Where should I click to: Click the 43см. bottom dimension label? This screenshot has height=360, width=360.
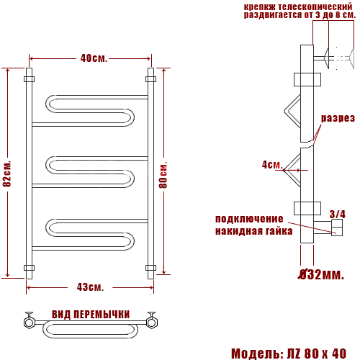point(90,287)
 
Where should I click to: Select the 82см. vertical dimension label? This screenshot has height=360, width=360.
point(8,174)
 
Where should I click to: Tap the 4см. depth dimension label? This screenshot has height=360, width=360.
point(271,165)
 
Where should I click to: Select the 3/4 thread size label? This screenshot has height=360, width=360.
point(337,214)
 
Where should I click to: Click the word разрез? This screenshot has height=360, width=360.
point(338,118)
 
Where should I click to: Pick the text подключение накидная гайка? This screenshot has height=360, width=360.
point(253,225)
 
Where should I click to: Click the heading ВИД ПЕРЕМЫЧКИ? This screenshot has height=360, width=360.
point(91,315)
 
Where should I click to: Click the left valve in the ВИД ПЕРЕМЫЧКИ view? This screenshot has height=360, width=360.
point(30,321)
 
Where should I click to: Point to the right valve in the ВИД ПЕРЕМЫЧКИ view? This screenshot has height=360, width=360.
point(152,321)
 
